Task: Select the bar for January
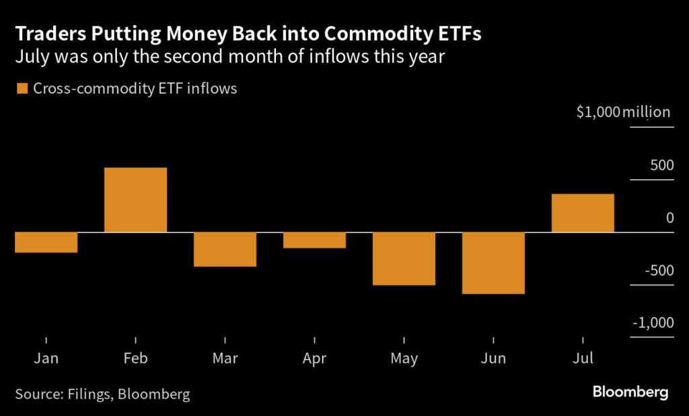coord(46,242)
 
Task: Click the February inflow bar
coord(135,200)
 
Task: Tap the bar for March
coord(225,249)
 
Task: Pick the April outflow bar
coord(314,240)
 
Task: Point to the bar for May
coord(404,258)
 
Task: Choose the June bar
coord(493,263)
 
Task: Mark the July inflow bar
coord(583,213)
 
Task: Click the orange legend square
coord(22,88)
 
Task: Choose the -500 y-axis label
coord(657,271)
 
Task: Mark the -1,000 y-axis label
coord(652,323)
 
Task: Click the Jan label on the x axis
coord(46,358)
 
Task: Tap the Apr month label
coord(314,358)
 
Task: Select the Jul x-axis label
coord(583,358)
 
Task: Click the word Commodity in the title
coord(357,34)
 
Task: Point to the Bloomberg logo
coord(630,392)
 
